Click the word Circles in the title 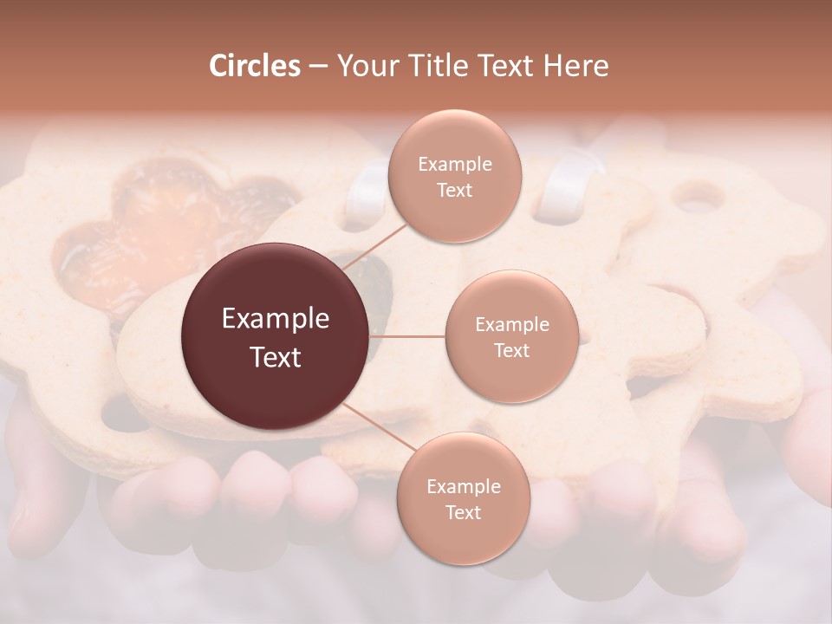point(254,66)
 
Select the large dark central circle point(276,337)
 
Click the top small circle point(454,177)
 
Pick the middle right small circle point(511,336)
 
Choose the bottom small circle point(463,499)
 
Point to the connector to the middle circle point(407,336)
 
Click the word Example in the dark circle point(276,319)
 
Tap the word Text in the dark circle point(276,357)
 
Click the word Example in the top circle point(455,165)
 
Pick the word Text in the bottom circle point(463,512)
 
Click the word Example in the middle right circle point(512,325)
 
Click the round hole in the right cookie point(698,198)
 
